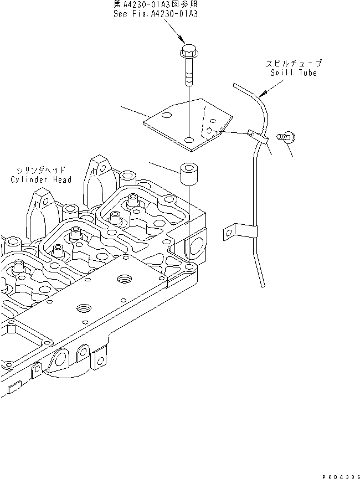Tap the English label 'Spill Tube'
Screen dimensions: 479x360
pos(293,73)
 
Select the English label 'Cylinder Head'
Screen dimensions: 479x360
pos(41,179)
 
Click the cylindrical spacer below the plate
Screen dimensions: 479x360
pos(189,176)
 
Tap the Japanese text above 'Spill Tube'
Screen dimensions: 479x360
pos(293,64)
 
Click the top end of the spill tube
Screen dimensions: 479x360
pos(235,85)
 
